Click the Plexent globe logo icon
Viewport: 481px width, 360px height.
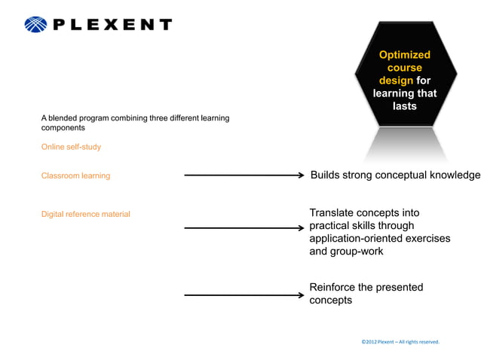(35, 25)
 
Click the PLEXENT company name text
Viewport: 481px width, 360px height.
(112, 25)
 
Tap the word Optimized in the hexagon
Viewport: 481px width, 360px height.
(404, 55)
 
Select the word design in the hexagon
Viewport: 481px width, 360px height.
(396, 81)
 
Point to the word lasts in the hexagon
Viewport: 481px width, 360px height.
(404, 106)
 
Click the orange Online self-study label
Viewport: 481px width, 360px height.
(71, 147)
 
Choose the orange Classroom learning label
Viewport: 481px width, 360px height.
(75, 175)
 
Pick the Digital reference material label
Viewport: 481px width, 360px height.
(85, 215)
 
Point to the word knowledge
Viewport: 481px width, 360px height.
(453, 175)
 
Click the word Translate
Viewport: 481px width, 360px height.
(332, 213)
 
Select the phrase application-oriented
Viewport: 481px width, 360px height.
(356, 239)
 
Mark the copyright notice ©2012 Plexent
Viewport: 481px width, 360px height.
(400, 342)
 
